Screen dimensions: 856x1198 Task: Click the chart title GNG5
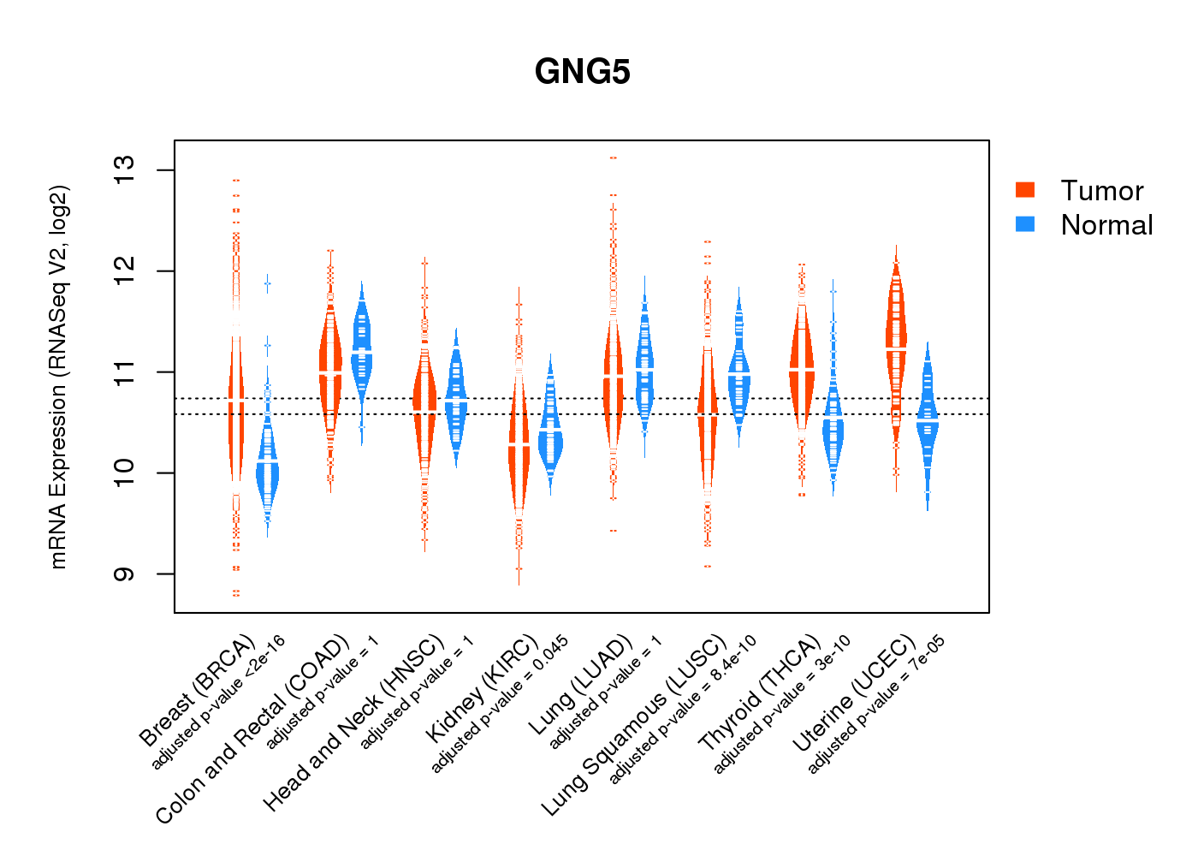click(582, 72)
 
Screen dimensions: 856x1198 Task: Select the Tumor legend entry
click(1101, 191)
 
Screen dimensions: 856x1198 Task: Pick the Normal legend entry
click(1106, 225)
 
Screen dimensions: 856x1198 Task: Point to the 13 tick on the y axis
click(125, 170)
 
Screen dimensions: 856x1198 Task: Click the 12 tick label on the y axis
click(125, 271)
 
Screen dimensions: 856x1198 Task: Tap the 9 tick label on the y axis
click(125, 574)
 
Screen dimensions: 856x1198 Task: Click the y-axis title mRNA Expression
click(58, 377)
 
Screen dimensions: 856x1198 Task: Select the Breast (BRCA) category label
click(198, 690)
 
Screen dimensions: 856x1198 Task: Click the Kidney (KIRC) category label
click(482, 688)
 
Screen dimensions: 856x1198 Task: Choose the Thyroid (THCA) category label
click(760, 693)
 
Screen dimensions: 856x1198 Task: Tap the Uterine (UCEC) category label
click(854, 694)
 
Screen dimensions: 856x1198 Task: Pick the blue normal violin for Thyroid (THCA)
click(833, 428)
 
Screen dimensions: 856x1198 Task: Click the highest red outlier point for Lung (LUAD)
click(614, 158)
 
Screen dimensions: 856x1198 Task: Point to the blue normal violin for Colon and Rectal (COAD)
click(362, 342)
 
